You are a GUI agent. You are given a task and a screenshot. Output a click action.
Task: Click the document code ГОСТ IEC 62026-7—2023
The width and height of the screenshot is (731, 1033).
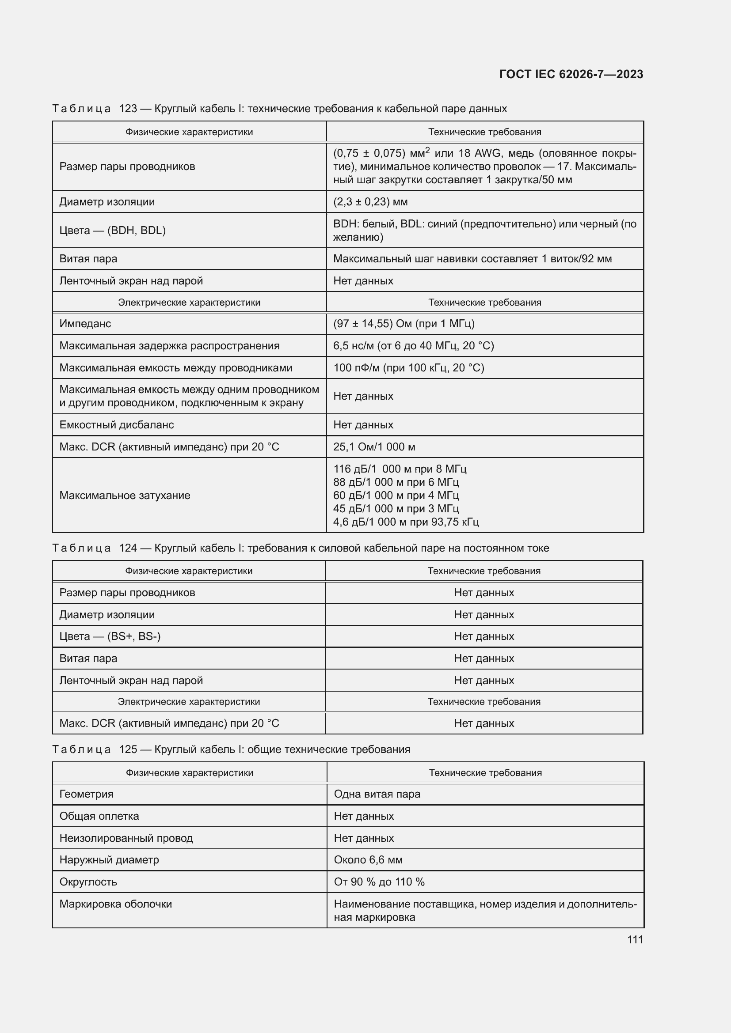coord(571,74)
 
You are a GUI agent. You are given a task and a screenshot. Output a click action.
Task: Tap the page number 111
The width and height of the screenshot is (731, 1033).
coord(635,939)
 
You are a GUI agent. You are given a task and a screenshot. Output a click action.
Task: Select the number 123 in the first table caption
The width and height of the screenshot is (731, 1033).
coord(128,109)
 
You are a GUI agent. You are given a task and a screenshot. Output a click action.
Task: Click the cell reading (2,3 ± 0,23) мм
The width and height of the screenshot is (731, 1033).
coord(370,201)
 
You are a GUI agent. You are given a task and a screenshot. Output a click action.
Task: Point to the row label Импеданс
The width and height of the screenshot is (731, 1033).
coord(85,323)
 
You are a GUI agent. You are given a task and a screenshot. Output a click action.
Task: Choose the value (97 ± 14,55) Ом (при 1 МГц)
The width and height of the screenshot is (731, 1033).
coord(404,323)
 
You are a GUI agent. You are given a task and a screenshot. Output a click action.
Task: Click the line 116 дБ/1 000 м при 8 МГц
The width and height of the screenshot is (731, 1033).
coord(400,469)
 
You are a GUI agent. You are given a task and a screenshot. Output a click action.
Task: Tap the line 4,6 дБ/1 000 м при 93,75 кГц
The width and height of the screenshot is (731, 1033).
coord(406,522)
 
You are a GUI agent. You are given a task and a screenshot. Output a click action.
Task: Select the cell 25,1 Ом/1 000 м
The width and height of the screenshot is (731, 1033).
coord(374,447)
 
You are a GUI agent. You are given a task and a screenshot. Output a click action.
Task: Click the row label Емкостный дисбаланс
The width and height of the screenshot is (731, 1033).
coord(117,425)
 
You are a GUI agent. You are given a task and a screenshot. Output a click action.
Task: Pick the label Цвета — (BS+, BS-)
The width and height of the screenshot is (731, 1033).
coord(110,636)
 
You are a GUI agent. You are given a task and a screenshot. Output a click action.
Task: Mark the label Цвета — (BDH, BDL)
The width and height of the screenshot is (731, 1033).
coord(113,231)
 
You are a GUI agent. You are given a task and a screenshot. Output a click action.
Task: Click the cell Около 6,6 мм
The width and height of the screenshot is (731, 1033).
coord(368,860)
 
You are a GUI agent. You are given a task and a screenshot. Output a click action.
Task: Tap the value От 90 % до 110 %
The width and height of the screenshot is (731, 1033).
coord(379,882)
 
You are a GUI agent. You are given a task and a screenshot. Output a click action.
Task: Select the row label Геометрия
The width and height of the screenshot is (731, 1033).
coord(87,794)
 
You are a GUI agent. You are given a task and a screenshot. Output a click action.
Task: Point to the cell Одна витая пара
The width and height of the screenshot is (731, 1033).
coord(377,794)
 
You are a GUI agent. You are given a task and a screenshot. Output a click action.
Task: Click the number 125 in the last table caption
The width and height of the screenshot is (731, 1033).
coord(128,749)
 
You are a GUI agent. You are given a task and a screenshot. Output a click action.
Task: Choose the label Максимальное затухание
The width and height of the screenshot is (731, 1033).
coord(125,496)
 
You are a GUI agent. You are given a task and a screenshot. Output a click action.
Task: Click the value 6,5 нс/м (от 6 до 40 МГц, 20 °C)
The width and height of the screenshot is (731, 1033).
coord(413,345)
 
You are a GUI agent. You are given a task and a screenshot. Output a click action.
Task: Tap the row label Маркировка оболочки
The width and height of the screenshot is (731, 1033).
coord(116,904)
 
